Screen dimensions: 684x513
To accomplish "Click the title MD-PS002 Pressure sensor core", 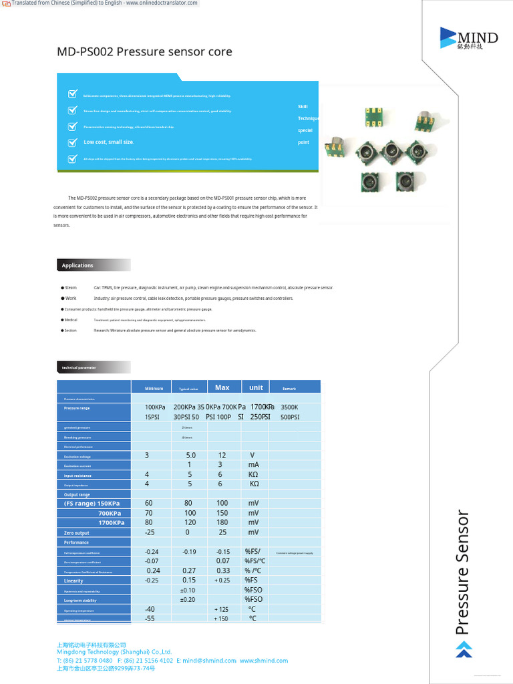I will coord(144,52).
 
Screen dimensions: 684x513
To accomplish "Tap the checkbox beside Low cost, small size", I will coord(73,142).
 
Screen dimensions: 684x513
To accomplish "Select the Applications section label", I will coord(78,265).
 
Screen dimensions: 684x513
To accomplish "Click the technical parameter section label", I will coord(79,367).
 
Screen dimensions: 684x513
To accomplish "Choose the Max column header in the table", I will coord(222,387).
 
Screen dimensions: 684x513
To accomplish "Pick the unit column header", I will coord(256,387).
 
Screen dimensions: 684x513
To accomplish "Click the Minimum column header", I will coord(154,388).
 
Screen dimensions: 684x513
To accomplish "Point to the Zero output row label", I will coord(77,533).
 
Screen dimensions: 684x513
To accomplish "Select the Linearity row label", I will coord(73,581).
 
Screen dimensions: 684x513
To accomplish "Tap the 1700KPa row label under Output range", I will coord(111,523).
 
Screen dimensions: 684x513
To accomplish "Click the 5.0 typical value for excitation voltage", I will coord(191,456).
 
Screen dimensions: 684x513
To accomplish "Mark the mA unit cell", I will coord(254,465).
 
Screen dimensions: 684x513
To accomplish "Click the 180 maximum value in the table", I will coord(222,523).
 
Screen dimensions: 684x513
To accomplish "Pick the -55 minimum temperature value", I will coord(150,619).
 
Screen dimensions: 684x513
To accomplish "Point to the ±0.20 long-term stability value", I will coord(188,600).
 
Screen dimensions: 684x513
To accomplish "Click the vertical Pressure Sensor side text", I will coord(463,572).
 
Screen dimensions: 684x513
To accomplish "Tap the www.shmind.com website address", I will coord(264,661).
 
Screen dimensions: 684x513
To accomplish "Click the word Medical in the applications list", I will coord(71,320).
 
